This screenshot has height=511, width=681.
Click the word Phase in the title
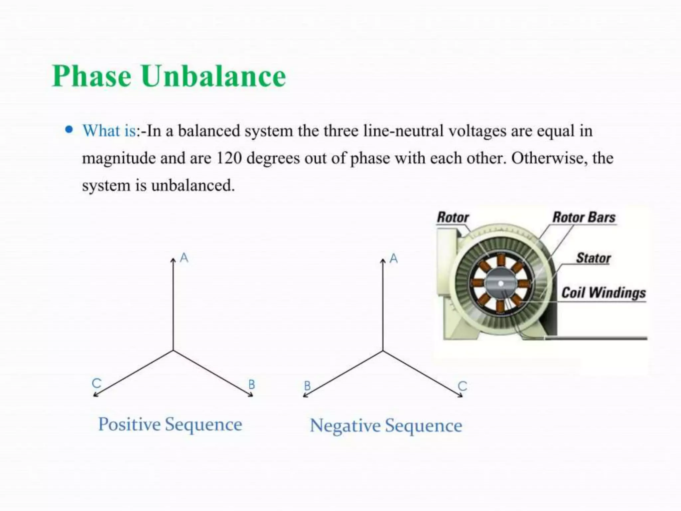pos(92,76)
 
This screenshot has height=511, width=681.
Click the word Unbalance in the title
pos(213,76)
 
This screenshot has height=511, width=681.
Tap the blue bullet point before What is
pos(69,129)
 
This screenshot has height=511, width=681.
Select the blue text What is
pos(109,131)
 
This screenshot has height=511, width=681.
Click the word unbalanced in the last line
pos(193,185)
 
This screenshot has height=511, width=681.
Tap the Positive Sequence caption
pos(170,425)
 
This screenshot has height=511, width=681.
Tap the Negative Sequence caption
pos(386,426)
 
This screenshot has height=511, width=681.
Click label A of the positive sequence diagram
pos(184,258)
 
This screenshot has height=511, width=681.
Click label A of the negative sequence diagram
pos(394,258)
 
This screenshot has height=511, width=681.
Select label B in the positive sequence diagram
pos(252,385)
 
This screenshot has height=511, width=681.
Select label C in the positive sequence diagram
pos(96,383)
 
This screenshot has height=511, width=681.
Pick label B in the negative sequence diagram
pos(308,386)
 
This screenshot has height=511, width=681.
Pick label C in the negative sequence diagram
pos(463,386)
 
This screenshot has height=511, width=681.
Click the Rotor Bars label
pos(584,218)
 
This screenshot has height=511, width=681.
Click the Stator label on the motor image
pos(594,258)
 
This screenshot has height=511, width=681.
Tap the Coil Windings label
pos(604,293)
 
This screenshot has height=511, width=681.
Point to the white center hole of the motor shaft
pos(501,284)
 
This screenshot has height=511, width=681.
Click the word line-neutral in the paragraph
pos(403,131)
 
